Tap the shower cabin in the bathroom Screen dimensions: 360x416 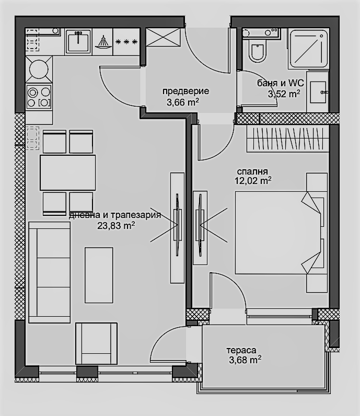pyautogui.click(x=308, y=48)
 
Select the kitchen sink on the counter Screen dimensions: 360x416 pyautogui.click(x=78, y=42)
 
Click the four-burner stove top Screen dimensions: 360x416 pyautogui.click(x=39, y=97)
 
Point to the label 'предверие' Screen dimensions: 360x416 pyautogui.click(x=185, y=91)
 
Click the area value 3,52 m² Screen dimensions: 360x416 pyautogui.click(x=284, y=94)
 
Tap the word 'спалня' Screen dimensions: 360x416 pyautogui.click(x=252, y=171)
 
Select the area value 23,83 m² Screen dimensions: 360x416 pyautogui.click(x=116, y=226)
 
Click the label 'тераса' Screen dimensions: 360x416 pyautogui.click(x=241, y=351)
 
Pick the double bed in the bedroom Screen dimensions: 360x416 pyautogui.click(x=281, y=233)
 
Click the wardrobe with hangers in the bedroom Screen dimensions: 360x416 pyautogui.click(x=288, y=138)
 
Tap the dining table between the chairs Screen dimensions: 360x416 pyautogui.click(x=67, y=172)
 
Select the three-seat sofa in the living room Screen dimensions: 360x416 pyautogui.click(x=49, y=272)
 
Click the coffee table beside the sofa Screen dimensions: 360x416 pyautogui.click(x=99, y=275)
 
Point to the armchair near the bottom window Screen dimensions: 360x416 pyautogui.click(x=96, y=343)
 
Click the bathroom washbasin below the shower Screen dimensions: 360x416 pyautogui.click(x=318, y=92)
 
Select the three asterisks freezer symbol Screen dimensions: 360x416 pyautogui.click(x=126, y=42)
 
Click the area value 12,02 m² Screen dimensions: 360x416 pyautogui.click(x=253, y=181)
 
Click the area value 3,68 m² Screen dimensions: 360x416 pyautogui.click(x=245, y=360)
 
